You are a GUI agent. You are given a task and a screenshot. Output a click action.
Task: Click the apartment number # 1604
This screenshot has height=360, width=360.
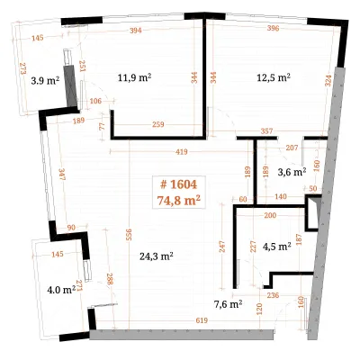tap(179, 184)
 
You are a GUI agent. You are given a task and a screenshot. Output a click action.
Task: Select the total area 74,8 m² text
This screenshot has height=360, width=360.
tap(179, 200)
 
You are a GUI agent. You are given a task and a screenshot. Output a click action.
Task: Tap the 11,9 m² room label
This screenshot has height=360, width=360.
tap(134, 78)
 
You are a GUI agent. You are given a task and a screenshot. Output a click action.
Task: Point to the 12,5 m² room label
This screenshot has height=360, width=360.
tap(274, 77)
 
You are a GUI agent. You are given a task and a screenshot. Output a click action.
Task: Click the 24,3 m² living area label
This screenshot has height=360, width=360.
tap(157, 256)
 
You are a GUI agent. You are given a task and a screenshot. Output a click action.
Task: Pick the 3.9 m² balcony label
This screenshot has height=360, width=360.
tap(45, 81)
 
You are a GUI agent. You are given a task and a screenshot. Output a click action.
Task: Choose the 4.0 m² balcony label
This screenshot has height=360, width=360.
tap(61, 290)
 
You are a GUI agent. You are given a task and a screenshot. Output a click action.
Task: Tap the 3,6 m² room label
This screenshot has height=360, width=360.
tap(292, 172)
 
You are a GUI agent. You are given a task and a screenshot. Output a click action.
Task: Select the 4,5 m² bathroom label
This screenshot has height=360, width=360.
tap(277, 247)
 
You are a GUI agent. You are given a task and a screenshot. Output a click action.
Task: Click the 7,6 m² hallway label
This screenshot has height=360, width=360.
tap(229, 305)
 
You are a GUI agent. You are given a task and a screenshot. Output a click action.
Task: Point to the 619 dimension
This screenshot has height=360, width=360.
tap(202, 320)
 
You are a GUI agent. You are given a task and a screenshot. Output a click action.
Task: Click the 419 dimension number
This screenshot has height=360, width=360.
tap(182, 152)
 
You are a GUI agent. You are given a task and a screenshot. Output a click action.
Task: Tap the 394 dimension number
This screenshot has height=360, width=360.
tap(136, 31)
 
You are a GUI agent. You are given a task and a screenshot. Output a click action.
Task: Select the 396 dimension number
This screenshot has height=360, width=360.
tap(273, 29)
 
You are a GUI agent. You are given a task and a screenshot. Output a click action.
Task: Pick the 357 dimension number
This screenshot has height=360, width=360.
tap(266, 131)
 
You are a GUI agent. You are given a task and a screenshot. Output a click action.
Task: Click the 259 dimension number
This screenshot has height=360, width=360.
tap(158, 124)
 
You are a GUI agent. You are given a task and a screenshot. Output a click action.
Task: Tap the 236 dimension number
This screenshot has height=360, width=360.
tap(273, 295)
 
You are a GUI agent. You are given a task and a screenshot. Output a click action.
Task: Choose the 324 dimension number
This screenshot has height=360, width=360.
tap(328, 81)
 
